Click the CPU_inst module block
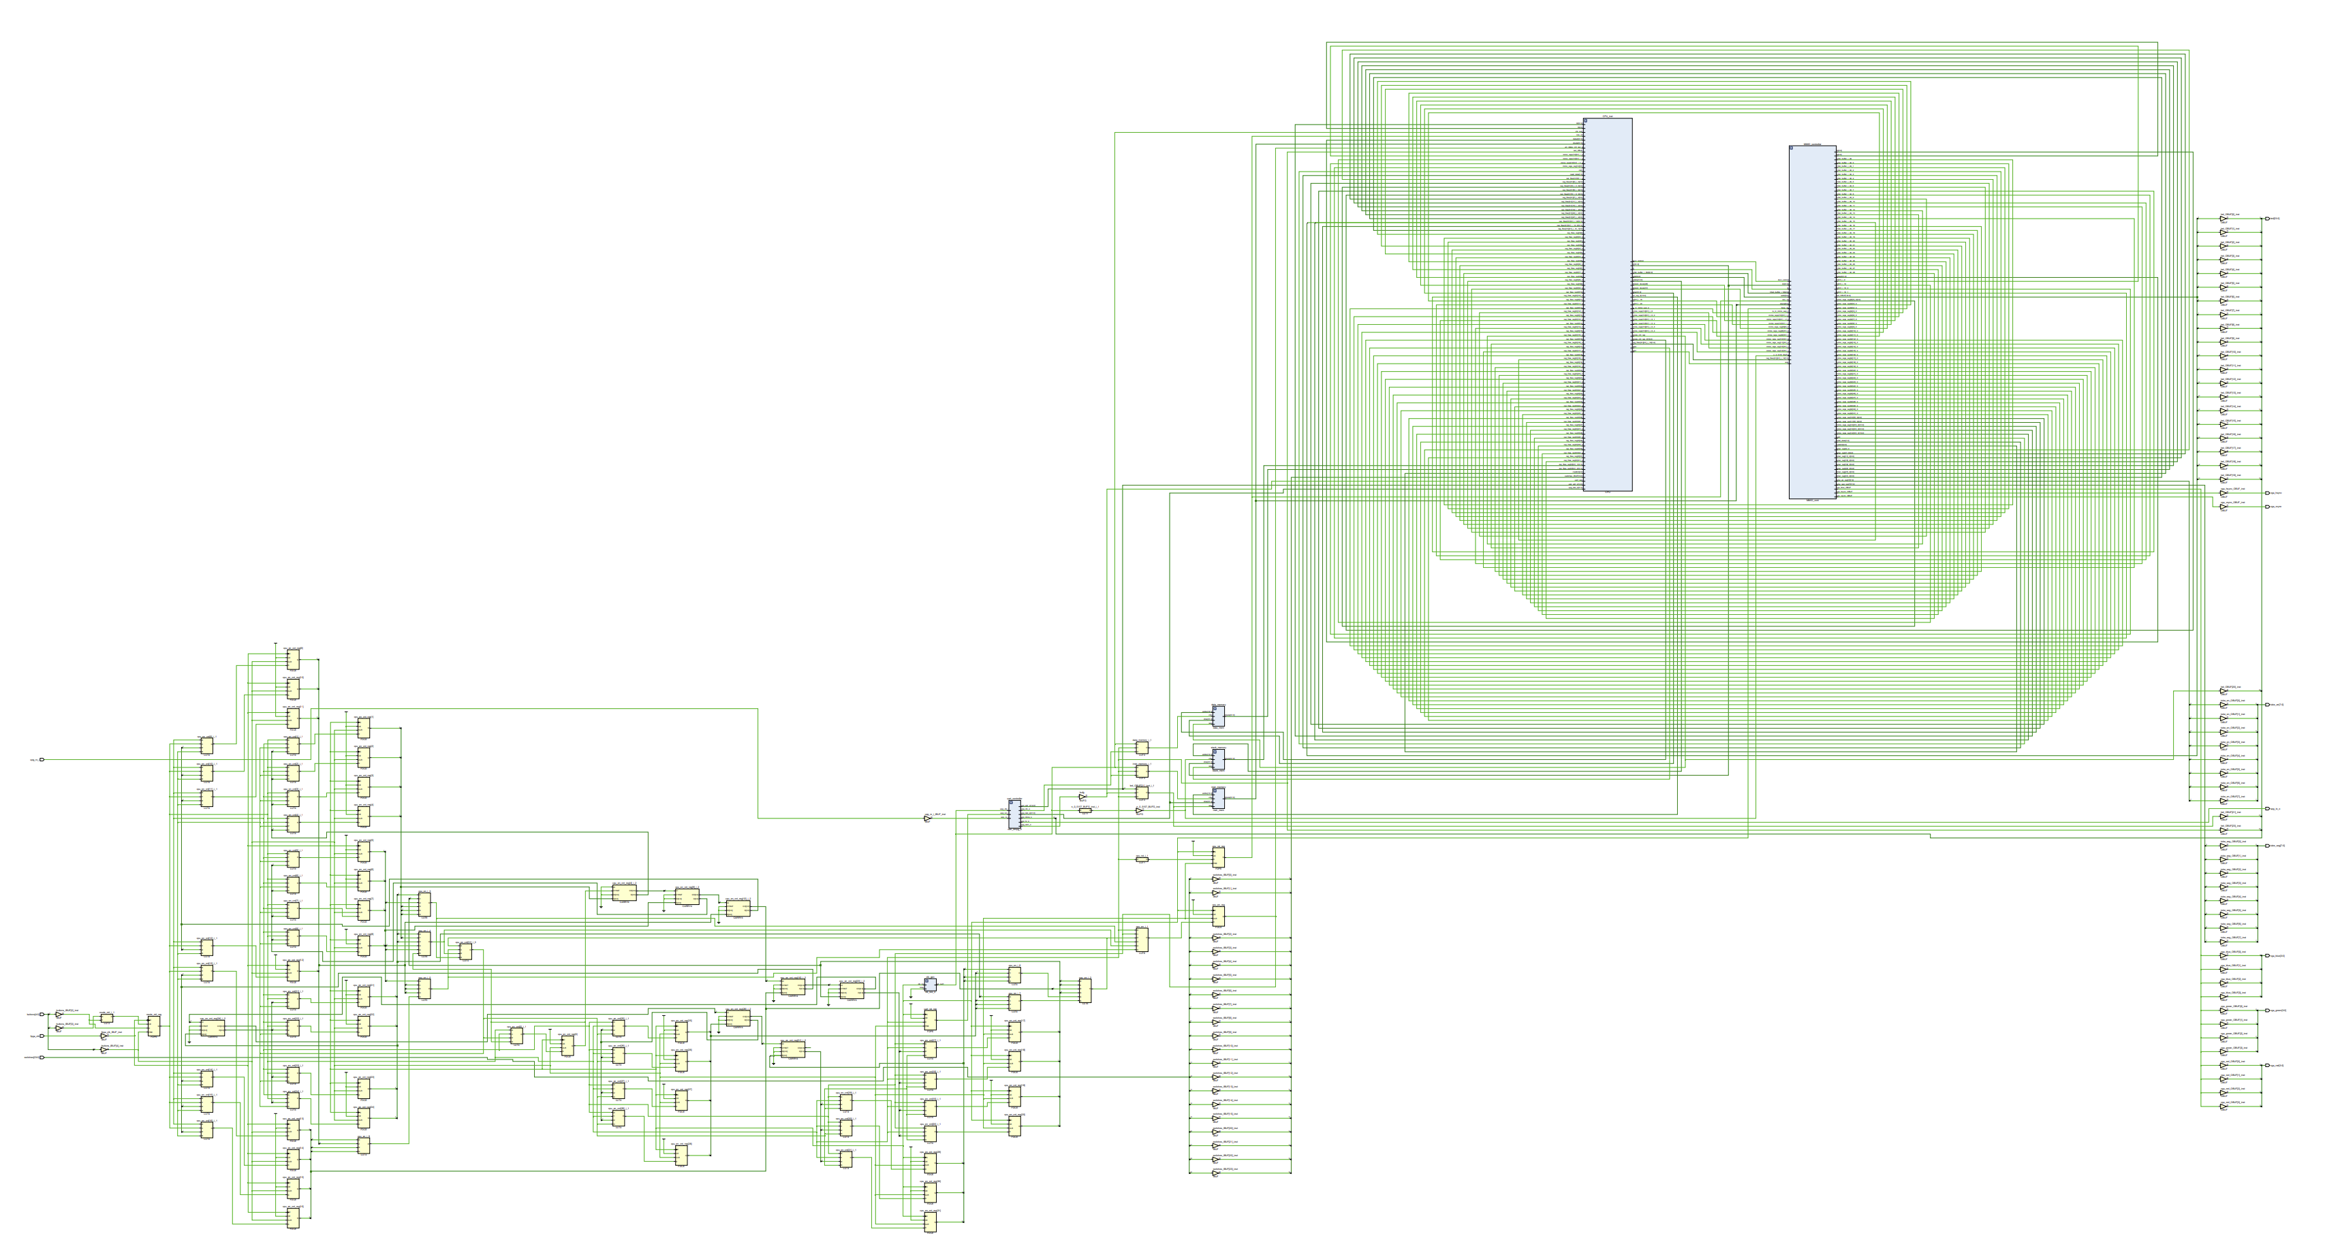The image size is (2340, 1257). (x=1607, y=304)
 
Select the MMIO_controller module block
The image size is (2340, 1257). (x=1811, y=323)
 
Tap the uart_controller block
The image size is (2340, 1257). (x=1014, y=813)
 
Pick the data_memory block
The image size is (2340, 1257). (x=1218, y=716)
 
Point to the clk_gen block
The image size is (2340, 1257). (x=930, y=985)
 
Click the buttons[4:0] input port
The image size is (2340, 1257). (x=42, y=1015)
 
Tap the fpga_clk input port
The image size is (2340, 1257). (x=42, y=1036)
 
